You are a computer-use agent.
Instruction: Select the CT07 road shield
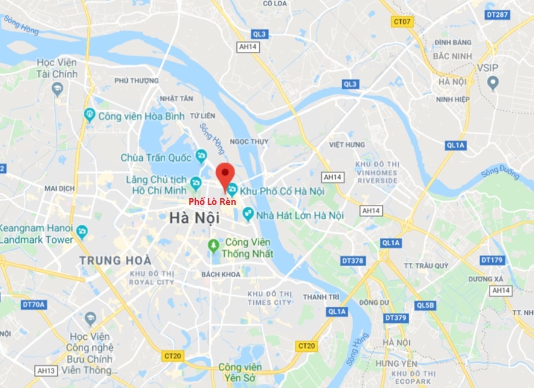pos(402,22)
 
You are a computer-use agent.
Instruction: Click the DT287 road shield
pos(497,14)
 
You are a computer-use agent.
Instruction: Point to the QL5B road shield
pos(425,305)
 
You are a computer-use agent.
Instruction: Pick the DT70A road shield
pos(34,305)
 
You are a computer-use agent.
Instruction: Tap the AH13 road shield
pos(46,370)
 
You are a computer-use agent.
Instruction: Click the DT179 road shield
pos(491,260)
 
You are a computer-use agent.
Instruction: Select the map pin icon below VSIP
pos(493,81)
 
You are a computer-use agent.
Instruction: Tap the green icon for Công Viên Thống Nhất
pos(213,245)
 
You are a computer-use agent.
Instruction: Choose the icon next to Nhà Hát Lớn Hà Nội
pos(247,214)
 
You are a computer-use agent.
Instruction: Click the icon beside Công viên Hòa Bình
pos(89,114)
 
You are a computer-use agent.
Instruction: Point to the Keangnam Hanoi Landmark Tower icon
pos(82,231)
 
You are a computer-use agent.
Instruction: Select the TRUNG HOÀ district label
pos(115,261)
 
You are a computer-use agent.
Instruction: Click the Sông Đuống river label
pos(500,173)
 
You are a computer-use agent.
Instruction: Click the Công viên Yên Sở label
pos(240,372)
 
